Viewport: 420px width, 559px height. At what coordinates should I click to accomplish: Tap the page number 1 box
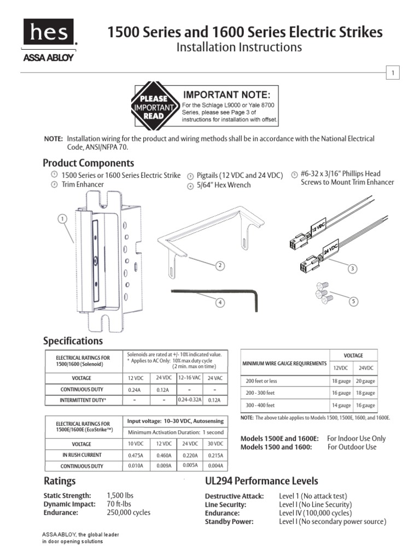pos(393,73)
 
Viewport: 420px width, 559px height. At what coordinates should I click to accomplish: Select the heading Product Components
pos(88,163)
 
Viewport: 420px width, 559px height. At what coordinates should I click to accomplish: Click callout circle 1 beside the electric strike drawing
pos(63,218)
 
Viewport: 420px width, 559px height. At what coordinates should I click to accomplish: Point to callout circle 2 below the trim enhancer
pos(220,266)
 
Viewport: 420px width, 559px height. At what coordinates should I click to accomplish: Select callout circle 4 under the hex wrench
pos(220,302)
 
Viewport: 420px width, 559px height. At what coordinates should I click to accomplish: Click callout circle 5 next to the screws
pos(354,301)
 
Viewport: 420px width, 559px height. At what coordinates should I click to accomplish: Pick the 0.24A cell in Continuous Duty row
pos(135,390)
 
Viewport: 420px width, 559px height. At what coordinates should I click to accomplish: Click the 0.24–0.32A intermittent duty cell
pos(190,400)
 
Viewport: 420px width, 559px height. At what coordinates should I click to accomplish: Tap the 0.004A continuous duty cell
pos(216,466)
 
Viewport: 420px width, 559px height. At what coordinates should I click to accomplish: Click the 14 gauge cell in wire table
pos(341,406)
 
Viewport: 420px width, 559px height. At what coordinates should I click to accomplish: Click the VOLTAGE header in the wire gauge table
pos(353,355)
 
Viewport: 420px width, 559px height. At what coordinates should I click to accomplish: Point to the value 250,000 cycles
pos(129,513)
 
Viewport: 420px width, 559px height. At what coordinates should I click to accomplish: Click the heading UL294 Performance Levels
pos(261,481)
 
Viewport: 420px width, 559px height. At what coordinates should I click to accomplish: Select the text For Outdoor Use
pos(352,447)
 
